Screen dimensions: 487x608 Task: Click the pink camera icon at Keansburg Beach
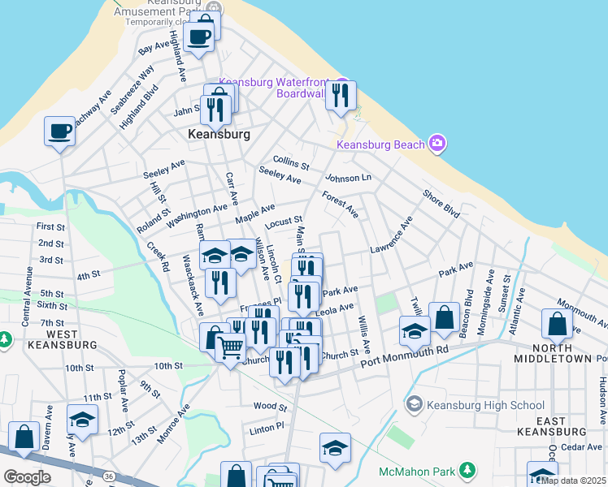438,144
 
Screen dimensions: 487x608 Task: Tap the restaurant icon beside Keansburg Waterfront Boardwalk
341,94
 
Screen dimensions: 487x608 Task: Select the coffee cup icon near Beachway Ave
59,131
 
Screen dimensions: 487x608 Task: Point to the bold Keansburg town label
219,134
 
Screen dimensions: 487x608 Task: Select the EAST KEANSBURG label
573,426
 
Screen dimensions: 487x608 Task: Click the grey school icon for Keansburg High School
414,404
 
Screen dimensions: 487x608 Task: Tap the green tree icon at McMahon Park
467,471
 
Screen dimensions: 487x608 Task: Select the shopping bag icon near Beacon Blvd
445,318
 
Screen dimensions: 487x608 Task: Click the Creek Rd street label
158,256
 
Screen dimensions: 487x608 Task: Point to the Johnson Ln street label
348,178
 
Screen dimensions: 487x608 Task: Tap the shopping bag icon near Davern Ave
24,437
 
